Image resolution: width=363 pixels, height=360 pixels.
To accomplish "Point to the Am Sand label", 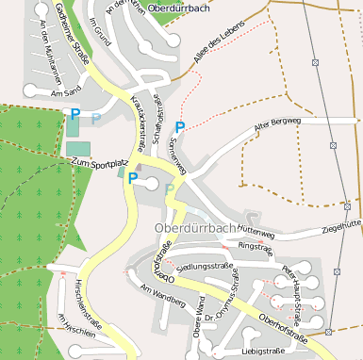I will coord(68,93).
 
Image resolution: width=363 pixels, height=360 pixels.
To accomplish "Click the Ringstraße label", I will coord(255,246).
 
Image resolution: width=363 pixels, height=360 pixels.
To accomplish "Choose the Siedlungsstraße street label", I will coord(205,267).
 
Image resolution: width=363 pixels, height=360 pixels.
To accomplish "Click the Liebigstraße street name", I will coord(263,351).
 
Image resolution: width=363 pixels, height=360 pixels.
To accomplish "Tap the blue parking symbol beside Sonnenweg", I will coord(180,127).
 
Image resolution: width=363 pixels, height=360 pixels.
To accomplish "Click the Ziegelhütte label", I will coord(341,226).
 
